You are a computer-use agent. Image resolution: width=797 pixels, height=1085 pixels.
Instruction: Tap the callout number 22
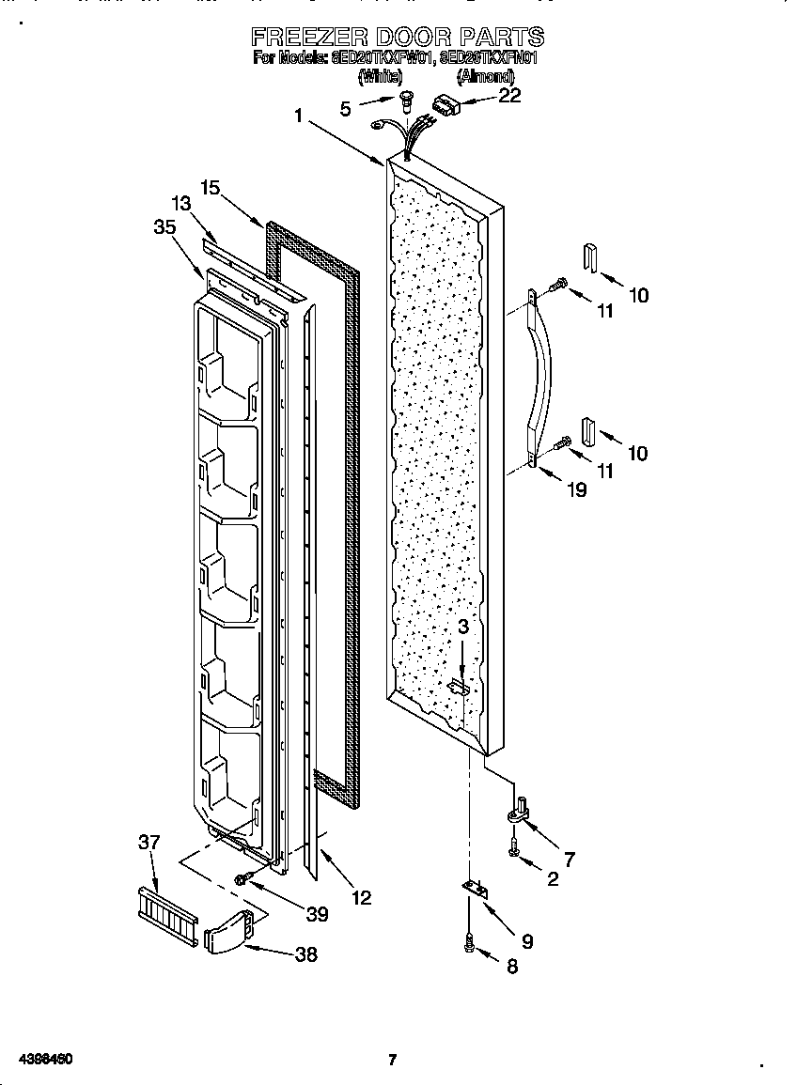509,95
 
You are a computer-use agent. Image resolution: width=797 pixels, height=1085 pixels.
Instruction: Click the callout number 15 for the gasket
210,188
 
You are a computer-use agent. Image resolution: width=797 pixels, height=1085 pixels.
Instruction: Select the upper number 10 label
638,295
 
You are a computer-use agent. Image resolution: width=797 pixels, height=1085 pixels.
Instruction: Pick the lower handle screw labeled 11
562,442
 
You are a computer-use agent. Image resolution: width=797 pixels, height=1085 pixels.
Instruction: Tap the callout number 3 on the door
462,627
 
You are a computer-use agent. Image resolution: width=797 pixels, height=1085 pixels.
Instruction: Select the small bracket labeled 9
477,889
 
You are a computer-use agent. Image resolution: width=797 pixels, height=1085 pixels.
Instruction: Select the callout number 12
360,898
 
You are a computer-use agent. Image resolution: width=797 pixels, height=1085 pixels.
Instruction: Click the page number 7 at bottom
392,1061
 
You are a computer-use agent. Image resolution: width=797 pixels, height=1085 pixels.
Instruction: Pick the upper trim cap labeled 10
589,256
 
